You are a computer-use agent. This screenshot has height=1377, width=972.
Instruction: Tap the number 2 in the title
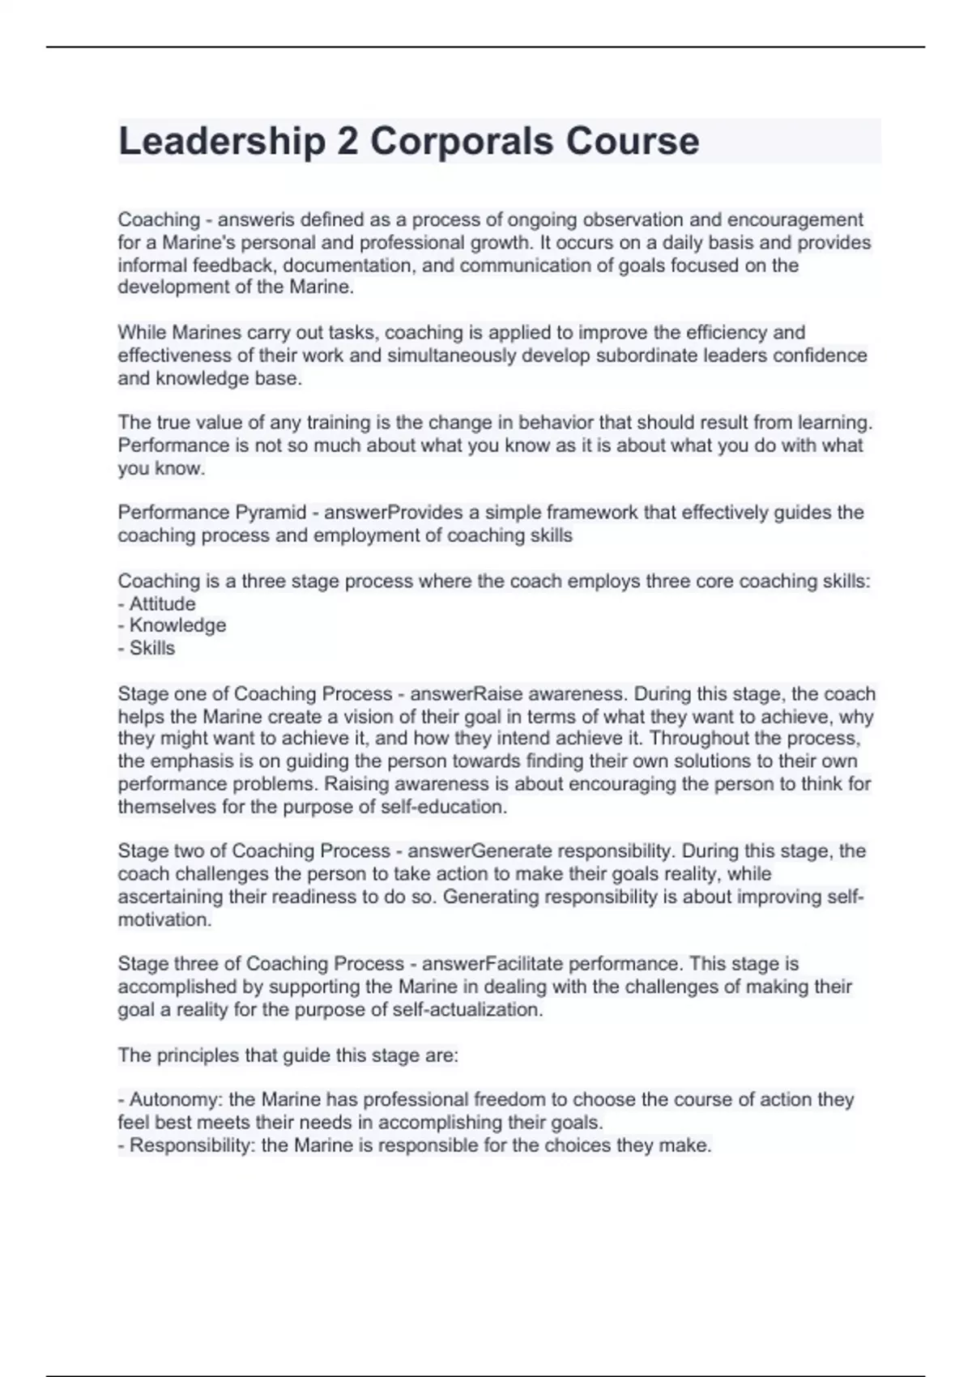point(347,142)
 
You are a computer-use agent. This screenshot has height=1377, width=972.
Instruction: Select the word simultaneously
point(452,356)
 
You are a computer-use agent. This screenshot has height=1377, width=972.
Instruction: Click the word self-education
point(446,807)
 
